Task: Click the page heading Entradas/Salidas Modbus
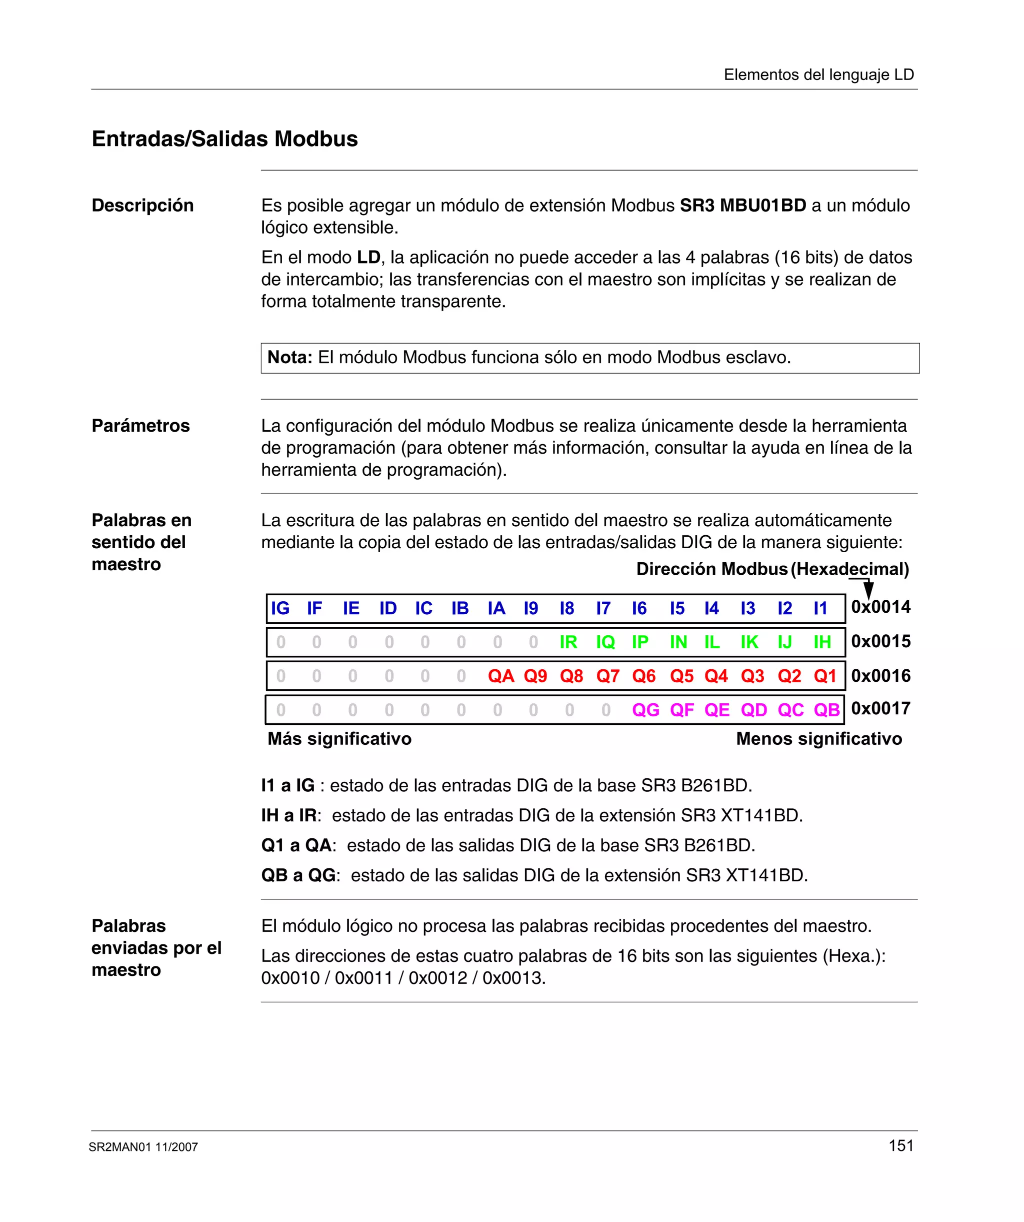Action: click(x=224, y=139)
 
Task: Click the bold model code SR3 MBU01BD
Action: click(x=742, y=206)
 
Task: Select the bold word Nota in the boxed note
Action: click(x=289, y=357)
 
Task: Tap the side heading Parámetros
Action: click(x=141, y=426)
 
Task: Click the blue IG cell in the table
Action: click(x=280, y=609)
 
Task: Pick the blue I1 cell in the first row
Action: click(x=820, y=609)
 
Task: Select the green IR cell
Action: click(x=568, y=642)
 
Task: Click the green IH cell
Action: click(x=821, y=642)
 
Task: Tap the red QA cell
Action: click(x=500, y=676)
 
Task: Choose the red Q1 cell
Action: click(x=824, y=676)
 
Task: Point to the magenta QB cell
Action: click(x=826, y=710)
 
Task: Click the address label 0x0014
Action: click(x=880, y=607)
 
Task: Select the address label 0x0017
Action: click(x=880, y=709)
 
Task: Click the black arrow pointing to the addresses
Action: click(x=868, y=589)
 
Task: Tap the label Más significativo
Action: click(x=339, y=739)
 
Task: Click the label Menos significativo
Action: click(x=818, y=739)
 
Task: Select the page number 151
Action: click(x=900, y=1146)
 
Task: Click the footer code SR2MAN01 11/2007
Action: click(x=143, y=1147)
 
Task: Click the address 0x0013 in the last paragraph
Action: click(x=513, y=978)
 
